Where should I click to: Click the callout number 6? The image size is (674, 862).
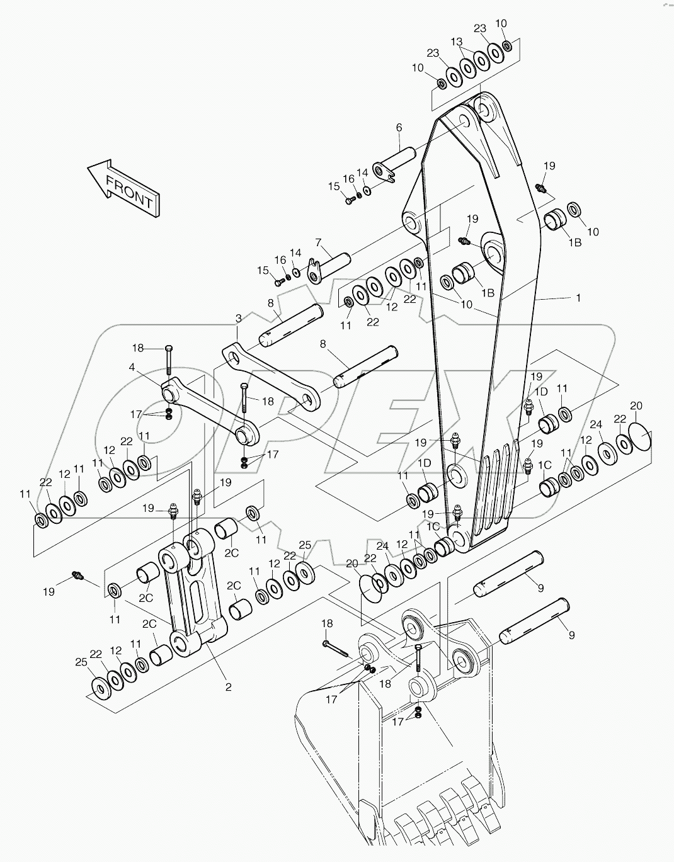399,128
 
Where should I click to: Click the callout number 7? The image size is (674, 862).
319,242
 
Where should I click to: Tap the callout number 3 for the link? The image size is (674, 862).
238,318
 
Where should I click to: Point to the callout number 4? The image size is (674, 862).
132,367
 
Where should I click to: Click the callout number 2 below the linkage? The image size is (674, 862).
228,687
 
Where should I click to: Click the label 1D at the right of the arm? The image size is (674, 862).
541,392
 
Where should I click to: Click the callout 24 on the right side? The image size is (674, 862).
596,425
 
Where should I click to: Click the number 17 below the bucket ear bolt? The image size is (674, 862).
397,722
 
